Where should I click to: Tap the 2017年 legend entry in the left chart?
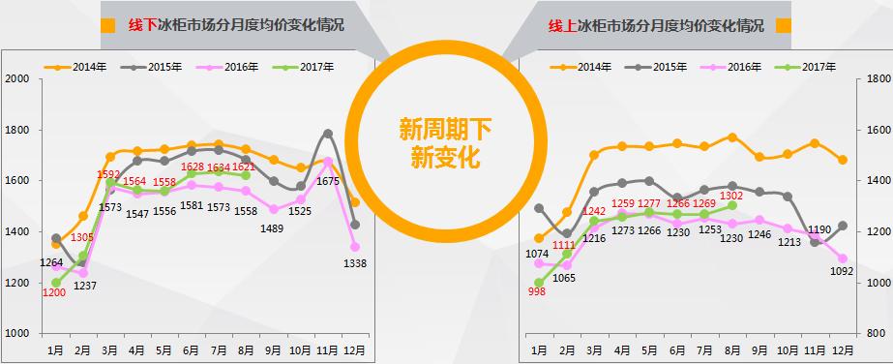[x=309, y=67]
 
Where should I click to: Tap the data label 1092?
[x=842, y=272]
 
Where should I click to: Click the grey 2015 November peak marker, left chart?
[x=328, y=134]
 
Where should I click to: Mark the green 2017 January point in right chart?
[x=539, y=283]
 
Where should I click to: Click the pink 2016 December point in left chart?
[x=355, y=247]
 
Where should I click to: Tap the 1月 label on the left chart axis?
[x=56, y=348]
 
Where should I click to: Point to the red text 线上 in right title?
[x=562, y=26]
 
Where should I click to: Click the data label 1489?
[x=273, y=227]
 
